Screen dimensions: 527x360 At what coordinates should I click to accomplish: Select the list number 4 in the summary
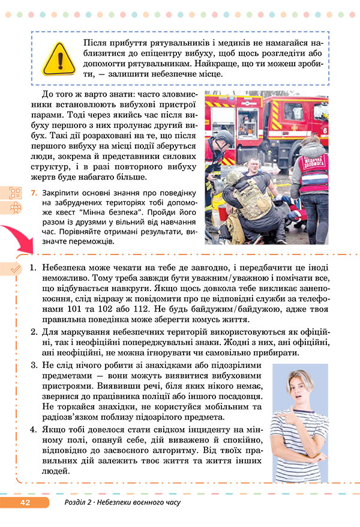tap(34, 430)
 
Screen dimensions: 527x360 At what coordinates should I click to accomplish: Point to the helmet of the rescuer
tap(224, 137)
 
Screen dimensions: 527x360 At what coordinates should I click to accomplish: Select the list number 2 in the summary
tap(34, 332)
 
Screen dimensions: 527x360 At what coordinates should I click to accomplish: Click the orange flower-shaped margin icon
tap(16, 208)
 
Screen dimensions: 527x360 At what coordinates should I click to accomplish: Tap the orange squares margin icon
tap(16, 193)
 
